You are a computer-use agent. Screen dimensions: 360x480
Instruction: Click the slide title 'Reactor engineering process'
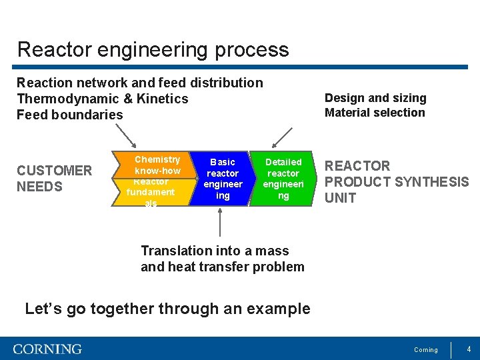click(x=153, y=50)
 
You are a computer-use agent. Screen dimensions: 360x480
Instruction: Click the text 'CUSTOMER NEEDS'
click(x=54, y=179)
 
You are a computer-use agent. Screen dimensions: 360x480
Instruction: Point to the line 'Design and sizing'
click(x=375, y=98)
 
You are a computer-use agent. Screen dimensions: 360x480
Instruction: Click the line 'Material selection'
click(x=374, y=113)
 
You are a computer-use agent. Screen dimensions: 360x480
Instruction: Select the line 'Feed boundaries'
click(x=70, y=115)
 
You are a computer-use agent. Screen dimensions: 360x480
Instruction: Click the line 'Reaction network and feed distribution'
click(x=140, y=83)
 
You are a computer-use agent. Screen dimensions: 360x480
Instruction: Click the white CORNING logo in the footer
click(x=47, y=349)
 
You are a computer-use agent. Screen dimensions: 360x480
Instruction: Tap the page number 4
click(x=469, y=349)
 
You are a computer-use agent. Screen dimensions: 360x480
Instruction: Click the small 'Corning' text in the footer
click(x=426, y=350)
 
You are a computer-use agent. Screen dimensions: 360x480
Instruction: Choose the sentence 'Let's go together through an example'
click(x=167, y=309)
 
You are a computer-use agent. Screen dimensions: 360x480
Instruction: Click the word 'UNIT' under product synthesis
click(x=340, y=198)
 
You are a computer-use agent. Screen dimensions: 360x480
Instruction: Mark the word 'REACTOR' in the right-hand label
click(x=357, y=166)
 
